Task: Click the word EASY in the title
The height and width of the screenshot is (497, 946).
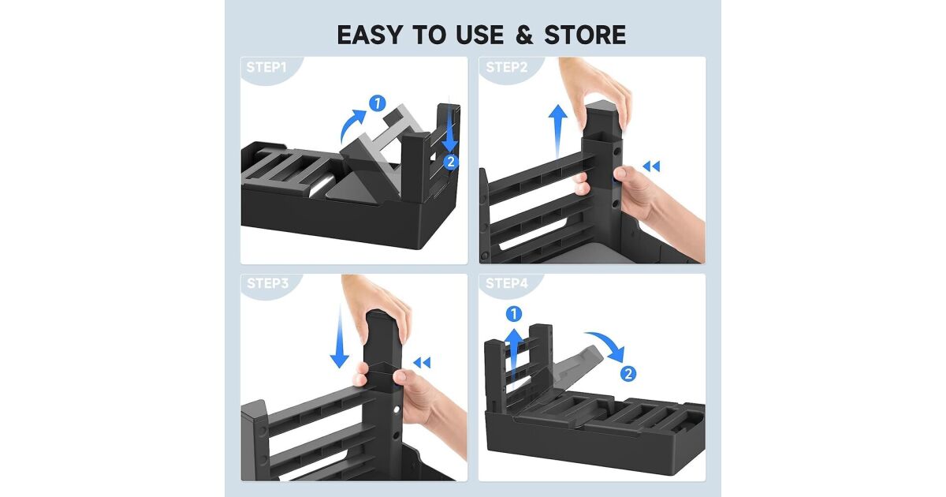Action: (x=370, y=35)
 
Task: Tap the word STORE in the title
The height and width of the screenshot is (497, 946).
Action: (x=585, y=35)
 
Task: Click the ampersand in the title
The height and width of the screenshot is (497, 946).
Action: (x=524, y=35)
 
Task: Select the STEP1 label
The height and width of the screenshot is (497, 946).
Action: (x=266, y=67)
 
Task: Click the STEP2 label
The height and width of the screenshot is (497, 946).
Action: (x=507, y=67)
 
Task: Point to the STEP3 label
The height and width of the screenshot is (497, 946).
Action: (x=268, y=283)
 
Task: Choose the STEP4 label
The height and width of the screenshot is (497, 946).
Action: (x=507, y=283)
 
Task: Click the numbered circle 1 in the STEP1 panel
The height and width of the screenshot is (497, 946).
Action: (x=377, y=103)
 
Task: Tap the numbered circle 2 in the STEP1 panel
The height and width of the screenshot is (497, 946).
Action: (x=451, y=162)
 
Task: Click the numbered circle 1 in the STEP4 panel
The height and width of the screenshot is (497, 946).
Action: (x=513, y=314)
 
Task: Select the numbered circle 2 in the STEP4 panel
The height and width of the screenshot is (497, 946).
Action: (x=628, y=374)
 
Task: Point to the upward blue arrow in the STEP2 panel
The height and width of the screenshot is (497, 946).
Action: (x=557, y=131)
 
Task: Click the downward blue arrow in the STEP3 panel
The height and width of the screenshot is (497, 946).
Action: (x=339, y=336)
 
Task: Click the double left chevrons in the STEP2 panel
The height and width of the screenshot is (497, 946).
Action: (x=651, y=166)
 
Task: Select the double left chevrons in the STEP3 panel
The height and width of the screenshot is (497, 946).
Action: (x=422, y=363)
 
